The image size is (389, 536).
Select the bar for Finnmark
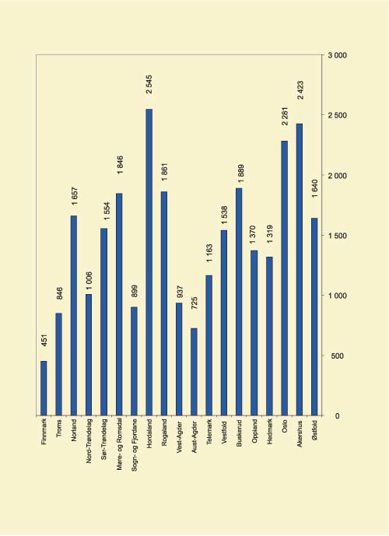[44, 388]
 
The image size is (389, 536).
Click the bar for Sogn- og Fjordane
[135, 361]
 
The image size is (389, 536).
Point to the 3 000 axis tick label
[337, 56]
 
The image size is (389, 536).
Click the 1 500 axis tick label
[337, 236]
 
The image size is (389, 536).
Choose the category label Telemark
[210, 435]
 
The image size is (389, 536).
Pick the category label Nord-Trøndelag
[89, 445]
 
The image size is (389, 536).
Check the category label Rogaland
[165, 435]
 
